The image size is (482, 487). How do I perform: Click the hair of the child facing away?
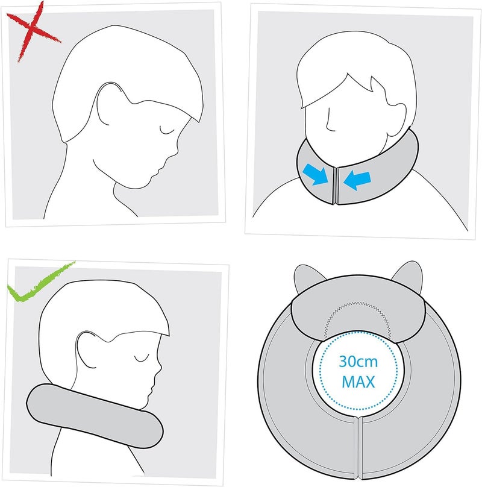click(355, 72)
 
